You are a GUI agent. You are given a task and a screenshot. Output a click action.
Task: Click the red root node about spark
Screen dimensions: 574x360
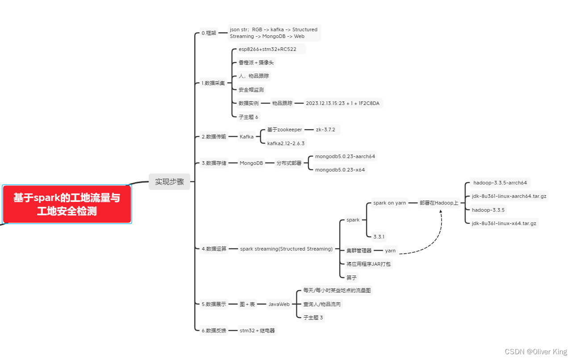coord(67,204)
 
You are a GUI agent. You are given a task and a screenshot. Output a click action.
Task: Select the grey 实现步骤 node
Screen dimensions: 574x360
coord(169,182)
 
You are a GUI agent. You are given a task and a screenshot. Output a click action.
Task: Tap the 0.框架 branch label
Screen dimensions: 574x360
coord(208,33)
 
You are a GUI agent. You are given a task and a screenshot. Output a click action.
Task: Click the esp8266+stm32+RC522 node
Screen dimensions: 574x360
coord(267,49)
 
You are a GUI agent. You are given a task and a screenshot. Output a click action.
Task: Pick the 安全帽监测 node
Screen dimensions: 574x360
coord(251,90)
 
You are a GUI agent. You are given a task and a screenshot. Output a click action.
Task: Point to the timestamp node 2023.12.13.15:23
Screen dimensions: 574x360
coord(342,103)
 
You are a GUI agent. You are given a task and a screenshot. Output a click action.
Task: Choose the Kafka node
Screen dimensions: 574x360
coord(246,137)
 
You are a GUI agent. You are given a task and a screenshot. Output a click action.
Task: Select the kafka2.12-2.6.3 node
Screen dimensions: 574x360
coord(286,143)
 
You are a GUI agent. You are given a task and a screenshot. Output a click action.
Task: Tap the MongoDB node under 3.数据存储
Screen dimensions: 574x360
coord(251,163)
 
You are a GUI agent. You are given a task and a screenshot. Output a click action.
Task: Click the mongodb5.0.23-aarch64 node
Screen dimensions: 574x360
coord(345,156)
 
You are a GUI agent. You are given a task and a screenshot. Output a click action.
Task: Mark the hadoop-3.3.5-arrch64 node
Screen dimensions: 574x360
coord(500,183)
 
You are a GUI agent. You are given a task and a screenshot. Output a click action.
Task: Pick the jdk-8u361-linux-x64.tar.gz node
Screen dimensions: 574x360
coord(504,223)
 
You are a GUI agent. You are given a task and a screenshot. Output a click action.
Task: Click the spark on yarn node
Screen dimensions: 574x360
coord(390,203)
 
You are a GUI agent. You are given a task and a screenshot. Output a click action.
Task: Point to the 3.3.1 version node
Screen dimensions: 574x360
coord(379,236)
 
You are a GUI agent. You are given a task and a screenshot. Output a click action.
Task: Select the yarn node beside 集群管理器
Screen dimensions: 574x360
coord(390,251)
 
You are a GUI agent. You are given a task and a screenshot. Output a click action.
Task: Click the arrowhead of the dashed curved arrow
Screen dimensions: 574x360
coord(441,211)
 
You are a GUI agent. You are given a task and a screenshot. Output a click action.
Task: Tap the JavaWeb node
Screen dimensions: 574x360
coord(279,304)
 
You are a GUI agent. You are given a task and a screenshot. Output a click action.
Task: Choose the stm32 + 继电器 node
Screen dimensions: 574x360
coord(258,331)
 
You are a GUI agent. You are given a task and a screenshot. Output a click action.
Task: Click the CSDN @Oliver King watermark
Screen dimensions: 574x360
coord(536,352)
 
